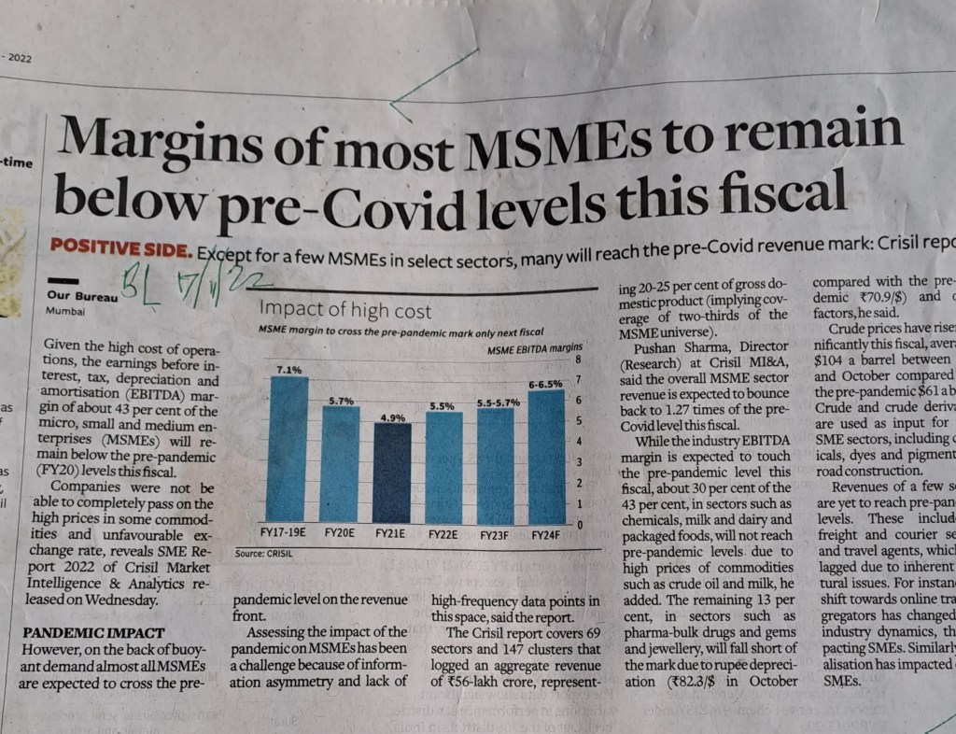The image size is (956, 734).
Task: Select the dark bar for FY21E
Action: click(391, 473)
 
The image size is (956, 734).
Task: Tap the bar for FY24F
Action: click(547, 458)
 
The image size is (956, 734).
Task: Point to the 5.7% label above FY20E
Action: click(340, 400)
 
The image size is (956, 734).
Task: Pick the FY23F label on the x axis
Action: click(496, 536)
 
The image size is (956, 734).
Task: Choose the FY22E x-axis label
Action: click(443, 536)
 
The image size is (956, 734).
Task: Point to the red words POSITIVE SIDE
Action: click(120, 250)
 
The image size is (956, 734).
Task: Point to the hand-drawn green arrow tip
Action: click(392, 103)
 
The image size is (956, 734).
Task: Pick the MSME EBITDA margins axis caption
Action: click(528, 349)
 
